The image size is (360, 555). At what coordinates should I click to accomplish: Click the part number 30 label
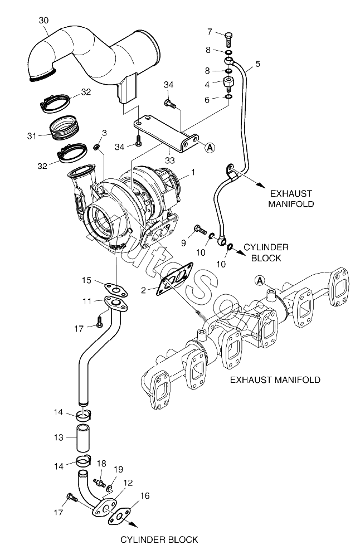click(43, 21)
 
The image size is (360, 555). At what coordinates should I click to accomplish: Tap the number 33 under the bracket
click(169, 160)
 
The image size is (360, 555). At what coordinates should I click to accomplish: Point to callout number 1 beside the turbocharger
click(193, 173)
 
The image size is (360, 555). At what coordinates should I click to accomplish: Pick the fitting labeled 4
click(228, 85)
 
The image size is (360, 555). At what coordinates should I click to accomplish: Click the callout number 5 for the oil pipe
click(257, 64)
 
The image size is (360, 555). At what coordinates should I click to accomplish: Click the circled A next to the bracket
click(210, 147)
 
